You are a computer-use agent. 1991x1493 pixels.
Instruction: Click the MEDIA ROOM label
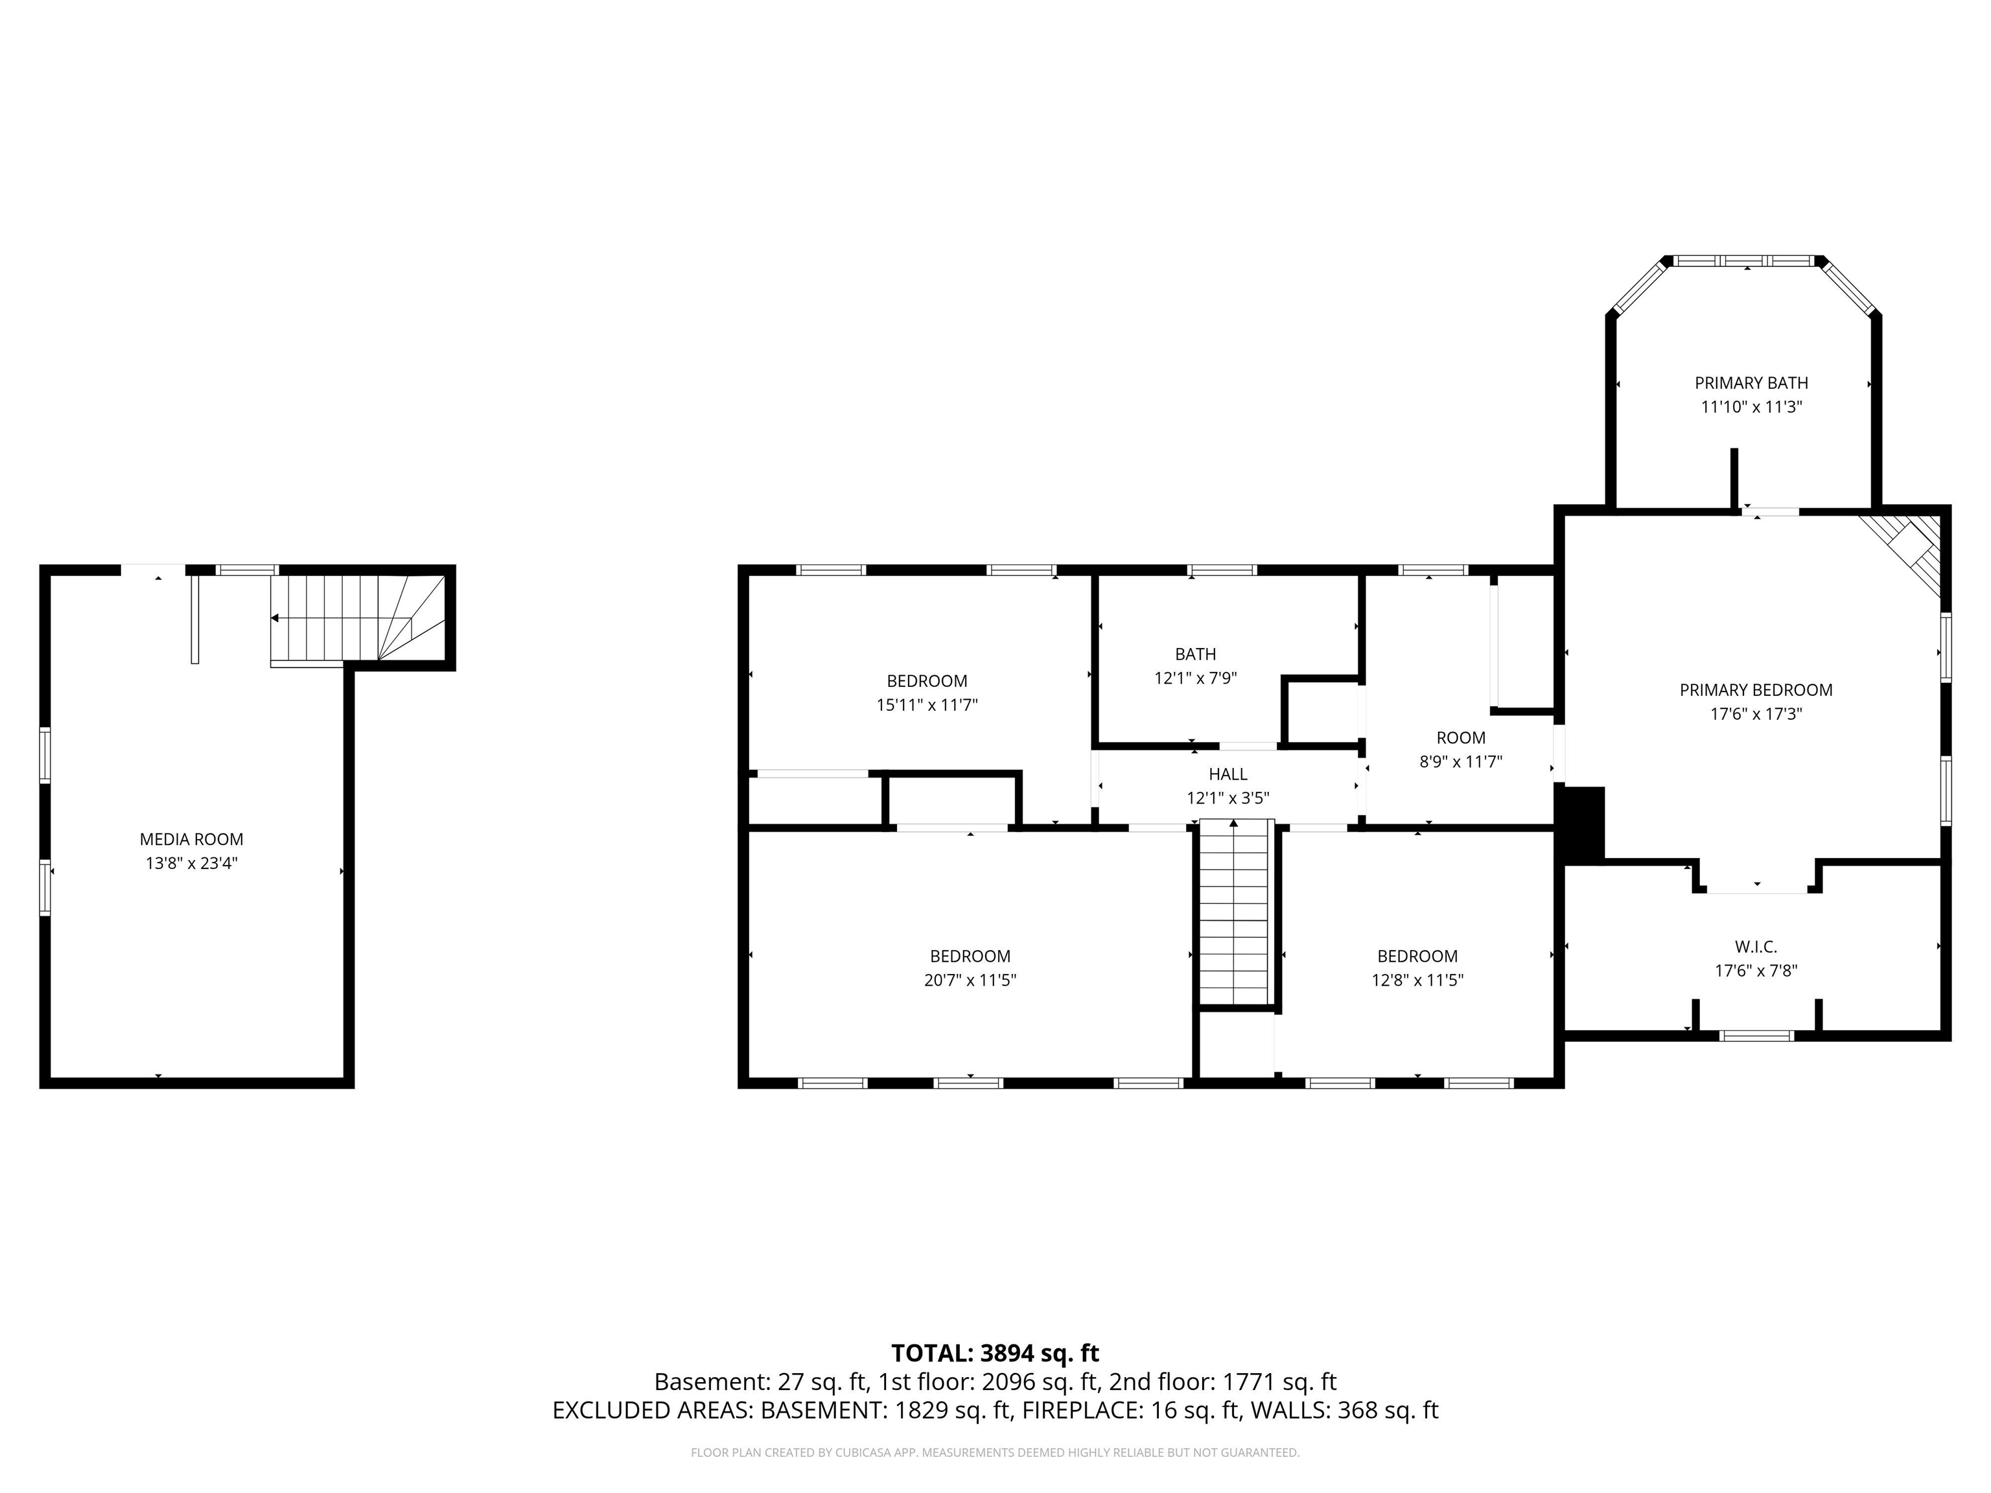191,839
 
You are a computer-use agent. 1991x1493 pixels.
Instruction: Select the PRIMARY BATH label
1751,382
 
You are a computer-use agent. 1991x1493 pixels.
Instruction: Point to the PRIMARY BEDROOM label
1755,689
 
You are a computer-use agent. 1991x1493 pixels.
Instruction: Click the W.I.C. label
1755,946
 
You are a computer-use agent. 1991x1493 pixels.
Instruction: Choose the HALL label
1228,773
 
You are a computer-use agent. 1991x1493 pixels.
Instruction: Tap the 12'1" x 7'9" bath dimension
1195,678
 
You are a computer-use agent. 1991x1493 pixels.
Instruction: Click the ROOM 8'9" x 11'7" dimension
1460,761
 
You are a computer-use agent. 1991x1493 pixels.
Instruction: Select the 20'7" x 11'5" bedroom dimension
970,980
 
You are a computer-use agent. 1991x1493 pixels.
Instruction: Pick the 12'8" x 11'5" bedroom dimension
1417,980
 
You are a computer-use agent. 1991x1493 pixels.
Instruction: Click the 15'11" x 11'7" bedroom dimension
926,704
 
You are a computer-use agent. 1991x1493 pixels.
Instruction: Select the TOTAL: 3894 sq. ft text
995,1352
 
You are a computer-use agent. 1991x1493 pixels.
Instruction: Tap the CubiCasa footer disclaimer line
995,1453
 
